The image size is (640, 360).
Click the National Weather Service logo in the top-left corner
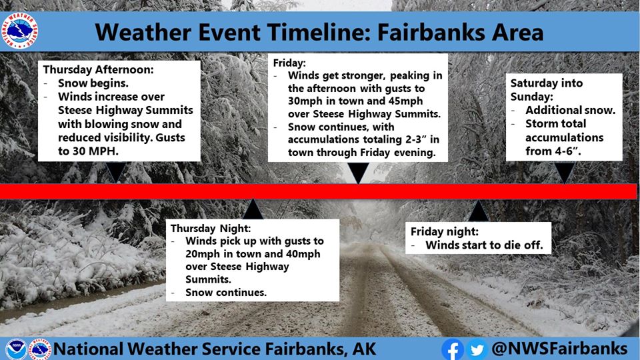point(19,31)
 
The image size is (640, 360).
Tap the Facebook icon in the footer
point(452,349)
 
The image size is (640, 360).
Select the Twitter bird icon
point(477,349)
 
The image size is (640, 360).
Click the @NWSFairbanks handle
point(559,349)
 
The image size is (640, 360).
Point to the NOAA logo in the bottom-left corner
point(16,349)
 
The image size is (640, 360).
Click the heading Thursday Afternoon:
point(99,69)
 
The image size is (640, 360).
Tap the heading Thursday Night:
point(211,228)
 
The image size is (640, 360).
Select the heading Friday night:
point(445,231)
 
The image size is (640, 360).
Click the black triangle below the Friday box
point(359,173)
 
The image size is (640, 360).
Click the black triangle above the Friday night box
point(479,211)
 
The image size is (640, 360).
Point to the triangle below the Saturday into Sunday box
point(565,172)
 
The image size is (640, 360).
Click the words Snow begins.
point(93,83)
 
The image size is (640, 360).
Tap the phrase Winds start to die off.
point(485,245)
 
